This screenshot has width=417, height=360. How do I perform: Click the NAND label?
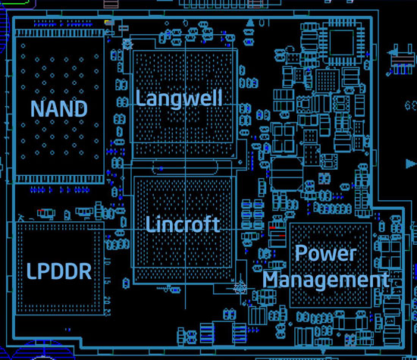click(x=59, y=108)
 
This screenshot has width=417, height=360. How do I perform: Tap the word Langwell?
click(x=179, y=99)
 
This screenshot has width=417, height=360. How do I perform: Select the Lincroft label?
click(x=183, y=224)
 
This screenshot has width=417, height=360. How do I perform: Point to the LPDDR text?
click(x=59, y=271)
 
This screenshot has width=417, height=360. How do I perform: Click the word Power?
click(x=325, y=253)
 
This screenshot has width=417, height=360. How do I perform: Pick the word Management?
click(x=325, y=280)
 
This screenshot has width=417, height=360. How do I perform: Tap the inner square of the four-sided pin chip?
click(x=342, y=42)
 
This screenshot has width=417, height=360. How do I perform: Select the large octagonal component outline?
click(x=287, y=174)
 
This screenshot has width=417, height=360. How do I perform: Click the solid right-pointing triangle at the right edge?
click(x=411, y=164)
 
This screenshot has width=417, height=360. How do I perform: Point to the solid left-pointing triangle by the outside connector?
click(x=392, y=52)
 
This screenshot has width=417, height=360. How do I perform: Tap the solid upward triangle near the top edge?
click(x=250, y=23)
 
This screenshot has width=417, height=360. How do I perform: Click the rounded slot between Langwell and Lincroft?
click(x=185, y=167)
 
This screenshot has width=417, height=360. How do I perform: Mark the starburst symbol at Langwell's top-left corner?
click(x=127, y=44)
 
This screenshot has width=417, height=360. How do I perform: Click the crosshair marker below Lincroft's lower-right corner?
click(x=240, y=288)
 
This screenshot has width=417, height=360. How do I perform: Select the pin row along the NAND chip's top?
click(x=60, y=33)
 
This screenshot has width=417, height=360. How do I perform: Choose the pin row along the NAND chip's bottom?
click(x=60, y=179)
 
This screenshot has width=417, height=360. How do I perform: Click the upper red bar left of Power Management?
click(x=272, y=228)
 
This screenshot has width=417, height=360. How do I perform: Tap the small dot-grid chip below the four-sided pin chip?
click(x=328, y=80)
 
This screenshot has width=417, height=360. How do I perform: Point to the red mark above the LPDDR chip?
click(x=41, y=210)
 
